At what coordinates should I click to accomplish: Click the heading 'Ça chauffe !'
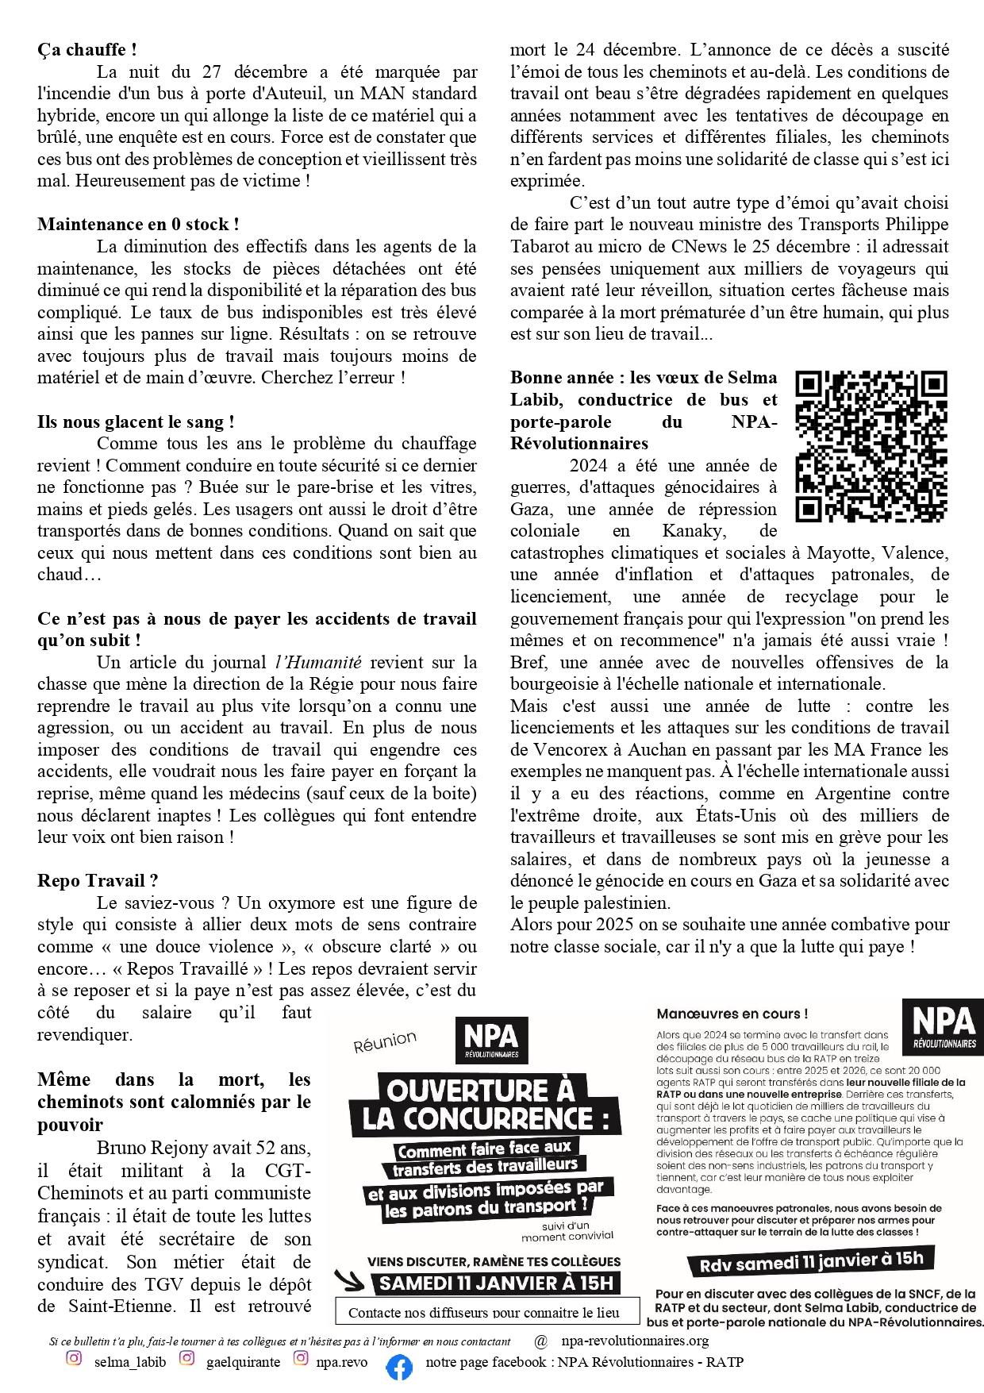pos(86,49)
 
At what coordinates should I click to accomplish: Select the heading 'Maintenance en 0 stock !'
pos(137,225)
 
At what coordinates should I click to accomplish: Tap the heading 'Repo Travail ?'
pos(97,881)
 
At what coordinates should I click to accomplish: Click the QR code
pos(871,447)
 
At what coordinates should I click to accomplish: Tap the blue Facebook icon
pos(399,1367)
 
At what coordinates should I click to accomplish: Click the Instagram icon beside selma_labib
pos(74,1358)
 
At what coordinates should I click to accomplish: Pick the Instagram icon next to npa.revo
pos(301,1358)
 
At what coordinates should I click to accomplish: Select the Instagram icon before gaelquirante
pos(186,1358)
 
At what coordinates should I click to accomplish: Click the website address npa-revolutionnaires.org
pos(635,1341)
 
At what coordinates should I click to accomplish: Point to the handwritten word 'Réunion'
pos(385,1041)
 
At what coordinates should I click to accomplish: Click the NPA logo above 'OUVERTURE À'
pos(491,1040)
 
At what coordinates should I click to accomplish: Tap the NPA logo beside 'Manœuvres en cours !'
pos(943,1025)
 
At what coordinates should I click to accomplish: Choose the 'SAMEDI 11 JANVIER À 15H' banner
pos(496,1283)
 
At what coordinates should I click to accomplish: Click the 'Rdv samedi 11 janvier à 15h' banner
pos(811,1261)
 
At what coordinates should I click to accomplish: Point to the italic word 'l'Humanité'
pos(317,663)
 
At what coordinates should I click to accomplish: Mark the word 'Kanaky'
pos(693,531)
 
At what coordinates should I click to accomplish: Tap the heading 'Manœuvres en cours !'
pos(732,1014)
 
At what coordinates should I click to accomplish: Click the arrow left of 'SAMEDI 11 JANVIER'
pos(349,1280)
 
